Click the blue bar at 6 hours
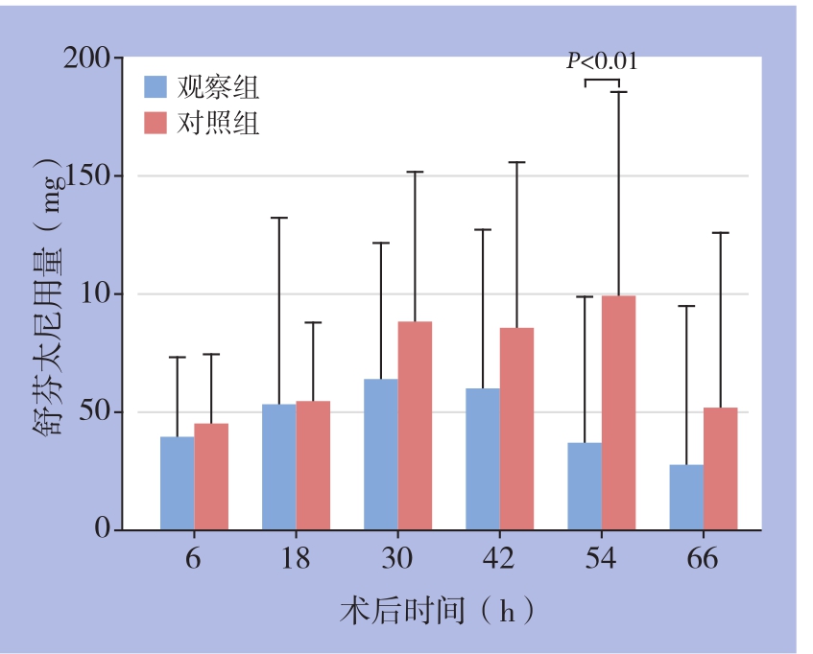[x=177, y=483]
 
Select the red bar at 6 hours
[x=211, y=477]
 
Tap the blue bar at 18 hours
[x=278, y=467]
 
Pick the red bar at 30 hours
[x=415, y=426]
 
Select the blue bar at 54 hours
[x=585, y=486]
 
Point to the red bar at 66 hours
[x=720, y=469]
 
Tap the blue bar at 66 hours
[x=686, y=497]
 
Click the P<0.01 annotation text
[x=602, y=62]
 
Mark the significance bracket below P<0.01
[x=602, y=81]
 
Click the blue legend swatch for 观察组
[x=156, y=87]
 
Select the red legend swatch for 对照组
[x=156, y=123]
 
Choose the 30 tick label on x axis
[x=397, y=559]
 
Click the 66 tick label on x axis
[x=703, y=559]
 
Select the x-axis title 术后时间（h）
[x=437, y=610]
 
